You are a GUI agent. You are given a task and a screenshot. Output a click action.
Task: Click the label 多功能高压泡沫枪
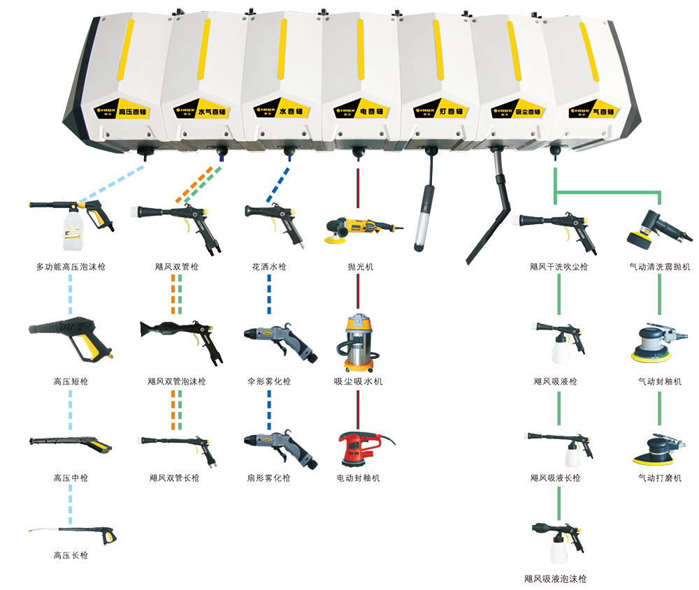click(71, 267)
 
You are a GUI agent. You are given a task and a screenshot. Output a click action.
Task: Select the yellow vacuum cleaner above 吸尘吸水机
click(358, 342)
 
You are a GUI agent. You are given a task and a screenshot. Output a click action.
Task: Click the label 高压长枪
click(71, 556)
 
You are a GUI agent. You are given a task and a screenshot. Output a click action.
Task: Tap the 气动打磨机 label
click(659, 478)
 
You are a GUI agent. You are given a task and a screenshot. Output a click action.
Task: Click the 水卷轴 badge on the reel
click(282, 112)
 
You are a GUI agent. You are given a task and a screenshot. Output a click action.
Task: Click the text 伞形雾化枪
click(269, 382)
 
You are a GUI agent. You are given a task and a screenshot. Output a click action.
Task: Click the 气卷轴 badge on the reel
click(593, 112)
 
